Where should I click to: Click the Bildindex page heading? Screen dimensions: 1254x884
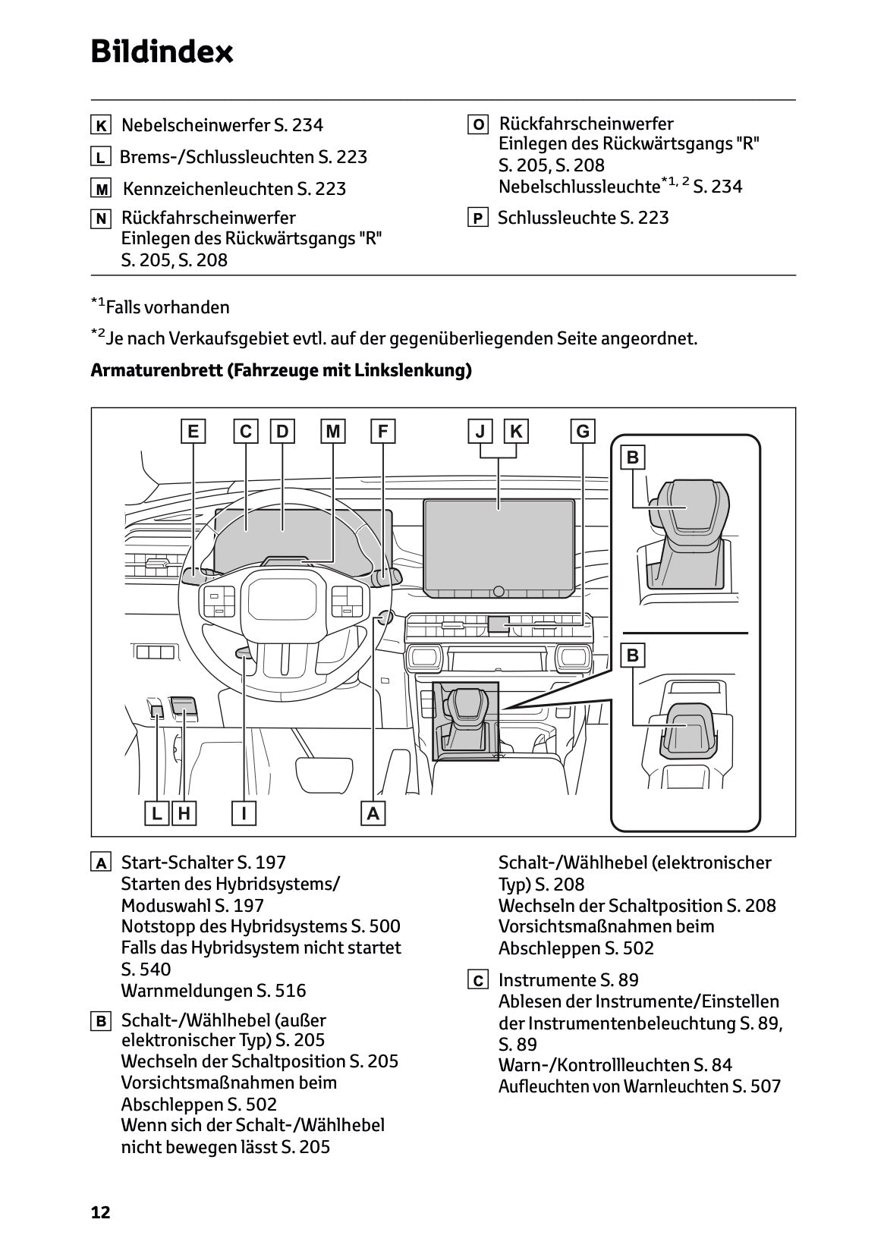tap(162, 52)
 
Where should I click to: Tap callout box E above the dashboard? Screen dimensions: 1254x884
tap(193, 432)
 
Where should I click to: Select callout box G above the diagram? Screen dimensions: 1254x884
tap(583, 432)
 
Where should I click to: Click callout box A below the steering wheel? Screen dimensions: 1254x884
tap(373, 814)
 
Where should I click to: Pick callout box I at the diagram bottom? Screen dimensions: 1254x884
tap(244, 814)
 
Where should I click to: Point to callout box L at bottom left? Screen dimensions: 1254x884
tap(156, 814)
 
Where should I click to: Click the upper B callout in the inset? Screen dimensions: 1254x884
tap(633, 457)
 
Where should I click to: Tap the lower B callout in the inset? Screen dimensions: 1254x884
tap(633, 655)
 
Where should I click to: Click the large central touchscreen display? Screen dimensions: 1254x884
tap(499, 542)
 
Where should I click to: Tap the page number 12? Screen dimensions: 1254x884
tap(100, 1212)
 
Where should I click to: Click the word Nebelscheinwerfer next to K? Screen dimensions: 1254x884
tap(194, 125)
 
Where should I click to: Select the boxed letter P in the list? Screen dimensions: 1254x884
tap(477, 219)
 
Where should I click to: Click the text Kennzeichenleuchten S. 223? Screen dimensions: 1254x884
tap(234, 189)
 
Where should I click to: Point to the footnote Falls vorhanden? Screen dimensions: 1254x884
tap(167, 307)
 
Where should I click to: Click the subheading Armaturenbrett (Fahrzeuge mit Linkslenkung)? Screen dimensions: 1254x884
tap(281, 371)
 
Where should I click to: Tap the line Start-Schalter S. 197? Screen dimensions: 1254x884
tap(203, 863)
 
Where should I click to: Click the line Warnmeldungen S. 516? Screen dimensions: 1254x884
tap(213, 990)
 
